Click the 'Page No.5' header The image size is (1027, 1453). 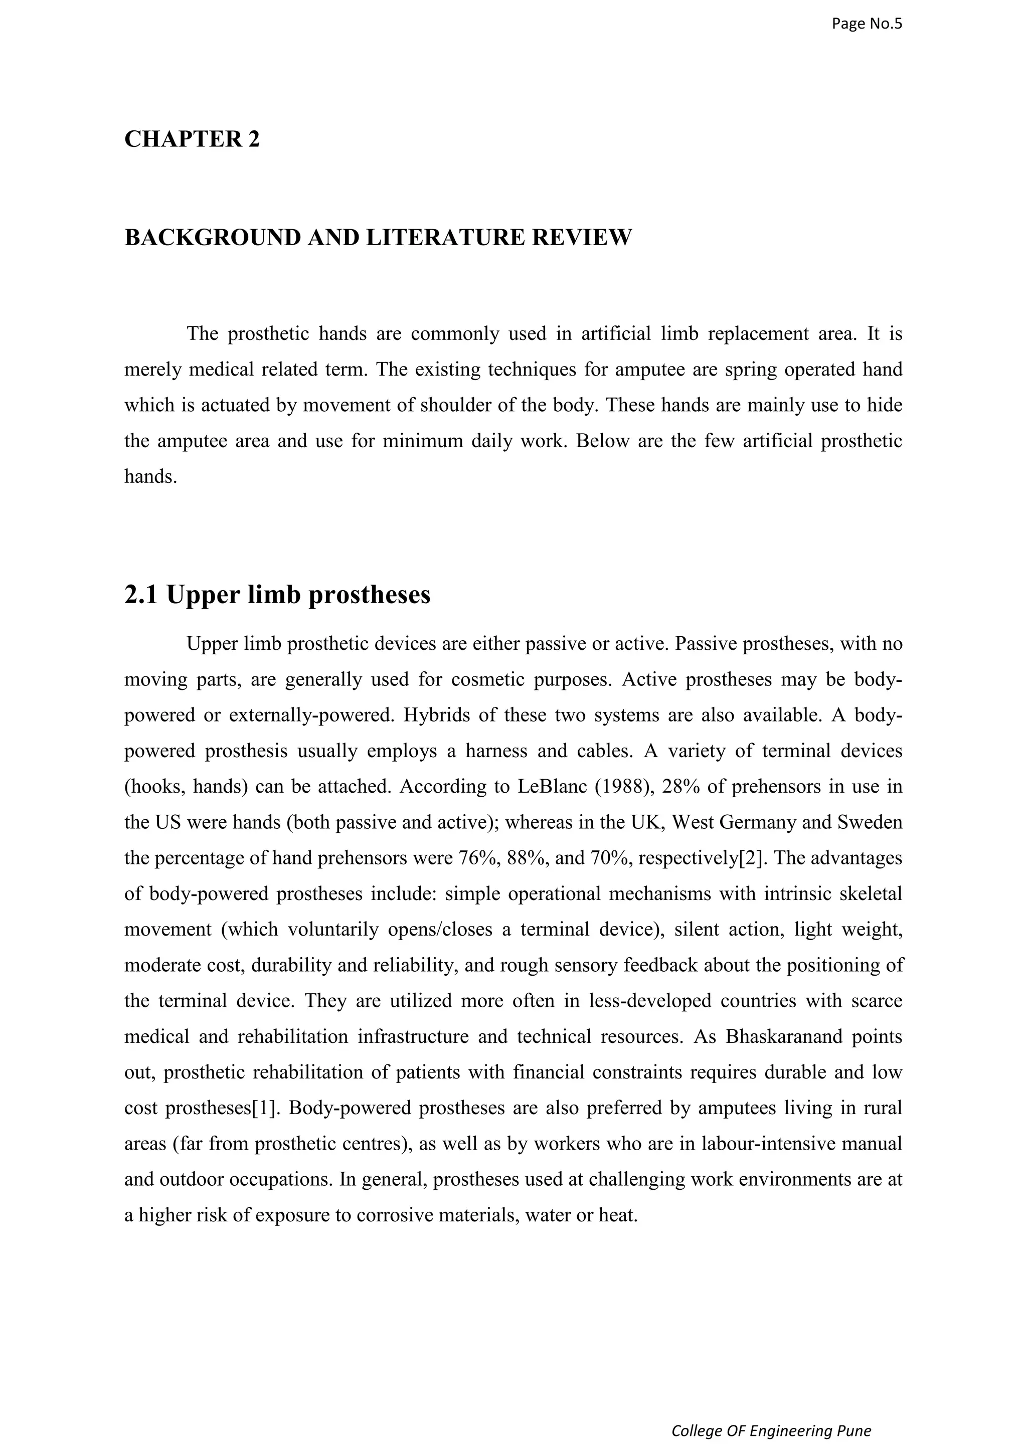[x=866, y=24]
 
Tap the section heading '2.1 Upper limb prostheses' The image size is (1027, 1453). [x=277, y=594]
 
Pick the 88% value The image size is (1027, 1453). [x=529, y=858]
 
